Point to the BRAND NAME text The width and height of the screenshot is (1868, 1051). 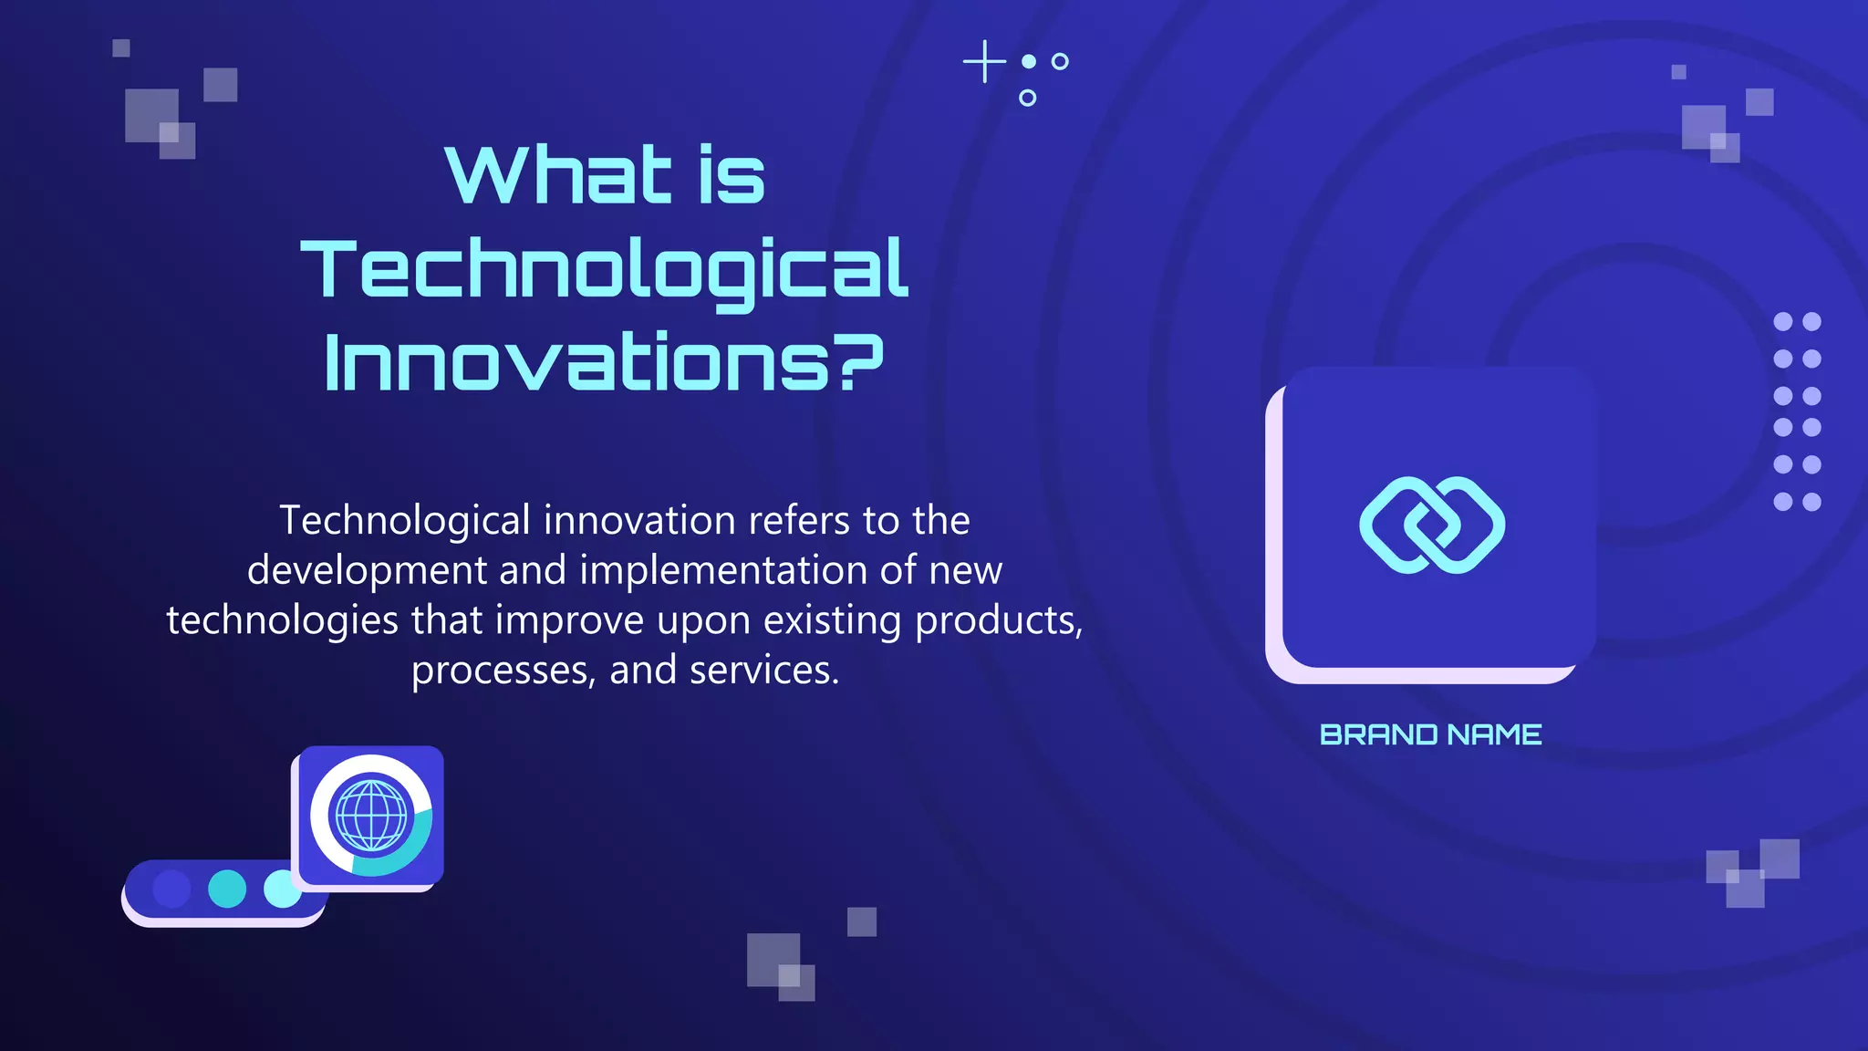pyautogui.click(x=1430, y=734)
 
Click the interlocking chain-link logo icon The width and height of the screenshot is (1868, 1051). pyautogui.click(x=1431, y=525)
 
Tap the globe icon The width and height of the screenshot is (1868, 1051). pyautogui.click(x=370, y=815)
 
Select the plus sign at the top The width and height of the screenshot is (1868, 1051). pyautogui.click(x=984, y=62)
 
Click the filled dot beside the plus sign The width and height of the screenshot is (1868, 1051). pyautogui.click(x=1029, y=61)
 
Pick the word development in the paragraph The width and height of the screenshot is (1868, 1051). pyautogui.click(x=368, y=570)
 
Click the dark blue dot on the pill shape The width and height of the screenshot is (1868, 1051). pyautogui.click(x=171, y=889)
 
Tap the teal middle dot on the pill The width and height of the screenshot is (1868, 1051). pyautogui.click(x=227, y=889)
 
